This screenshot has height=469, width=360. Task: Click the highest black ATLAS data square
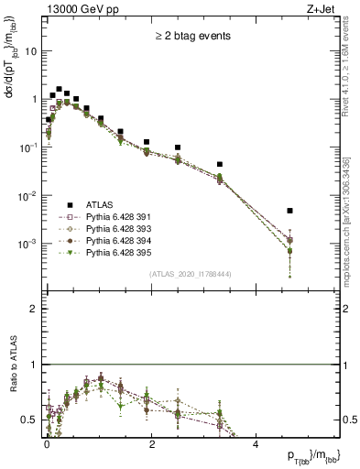click(59, 90)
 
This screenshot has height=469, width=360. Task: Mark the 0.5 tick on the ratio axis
click(33, 420)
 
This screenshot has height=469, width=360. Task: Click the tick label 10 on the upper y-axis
click(32, 51)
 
